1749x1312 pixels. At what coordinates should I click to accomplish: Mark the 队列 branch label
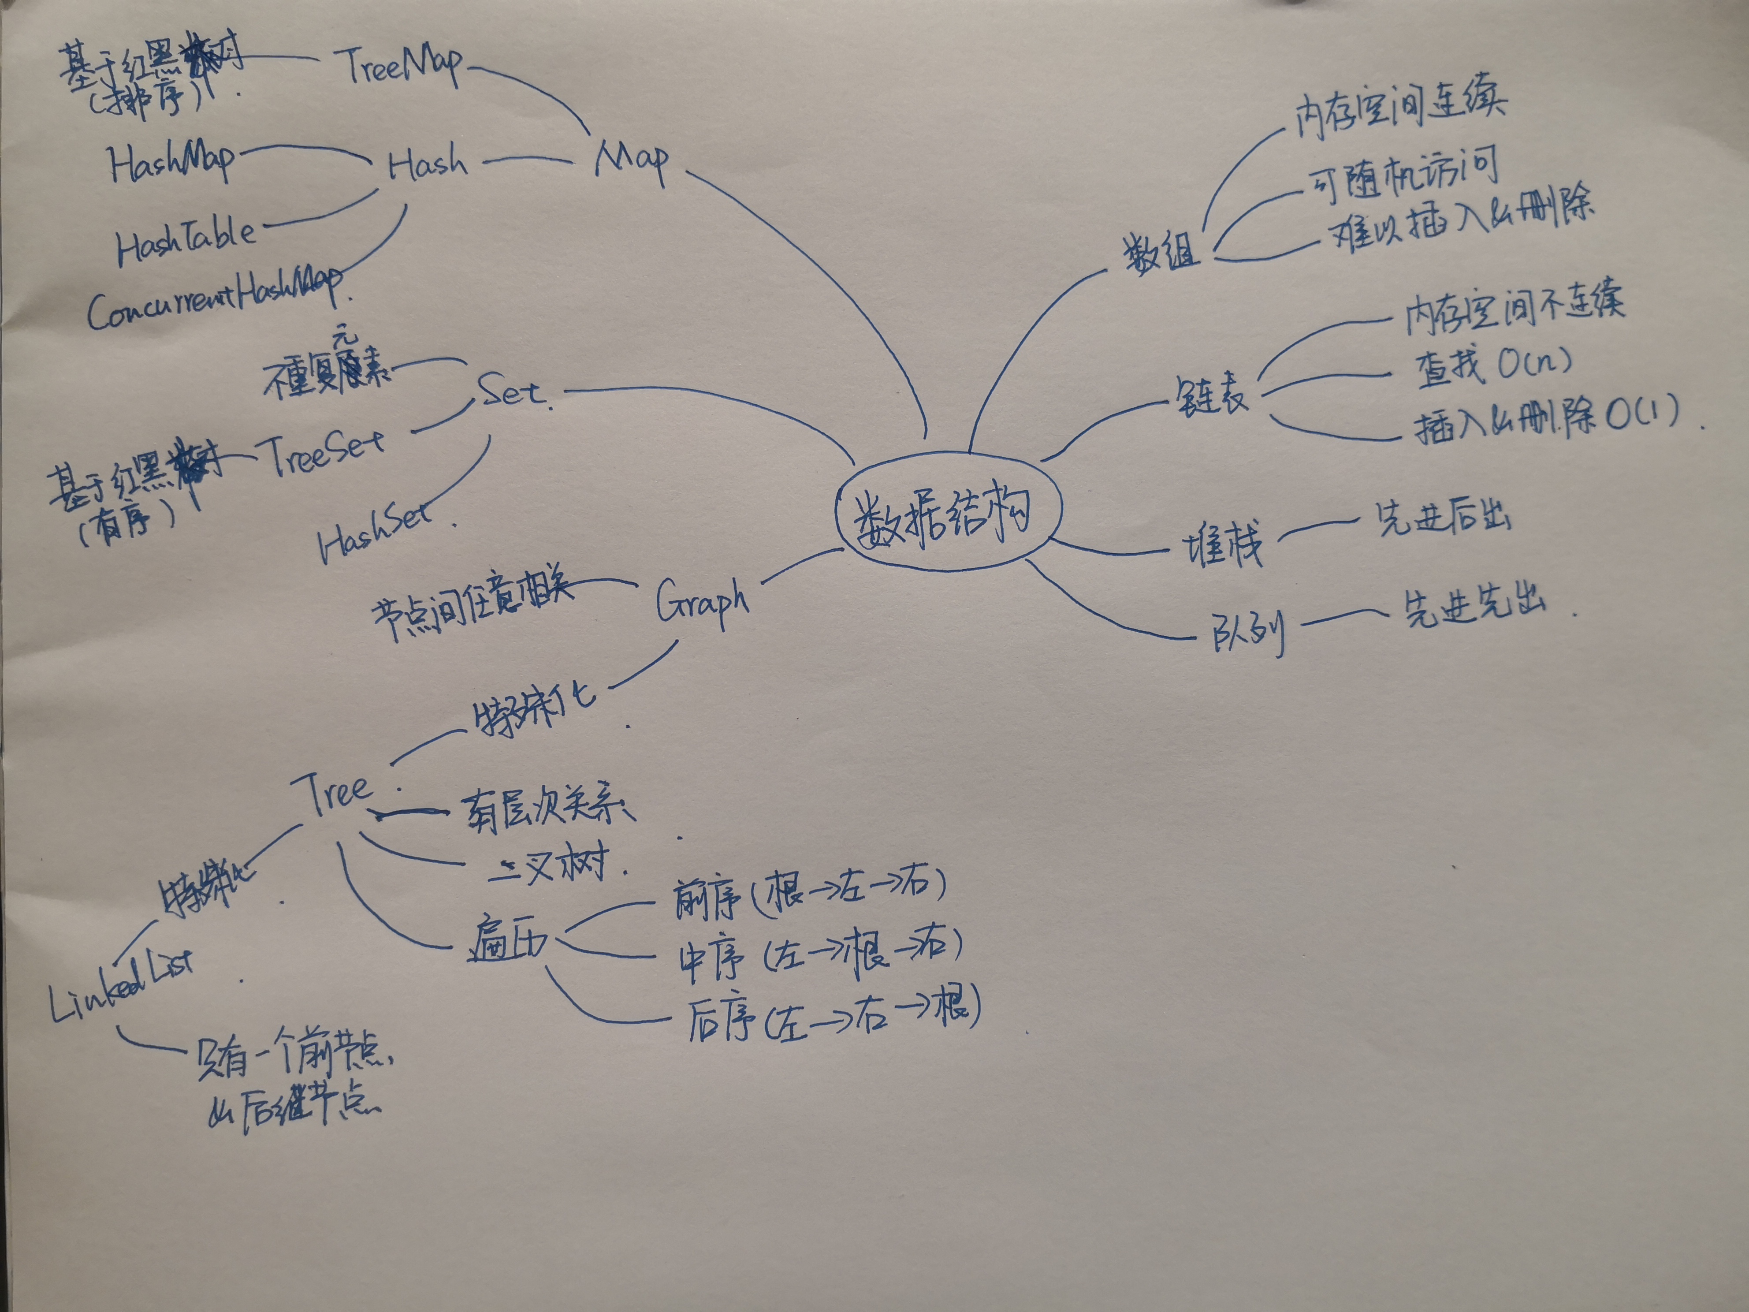(1248, 633)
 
